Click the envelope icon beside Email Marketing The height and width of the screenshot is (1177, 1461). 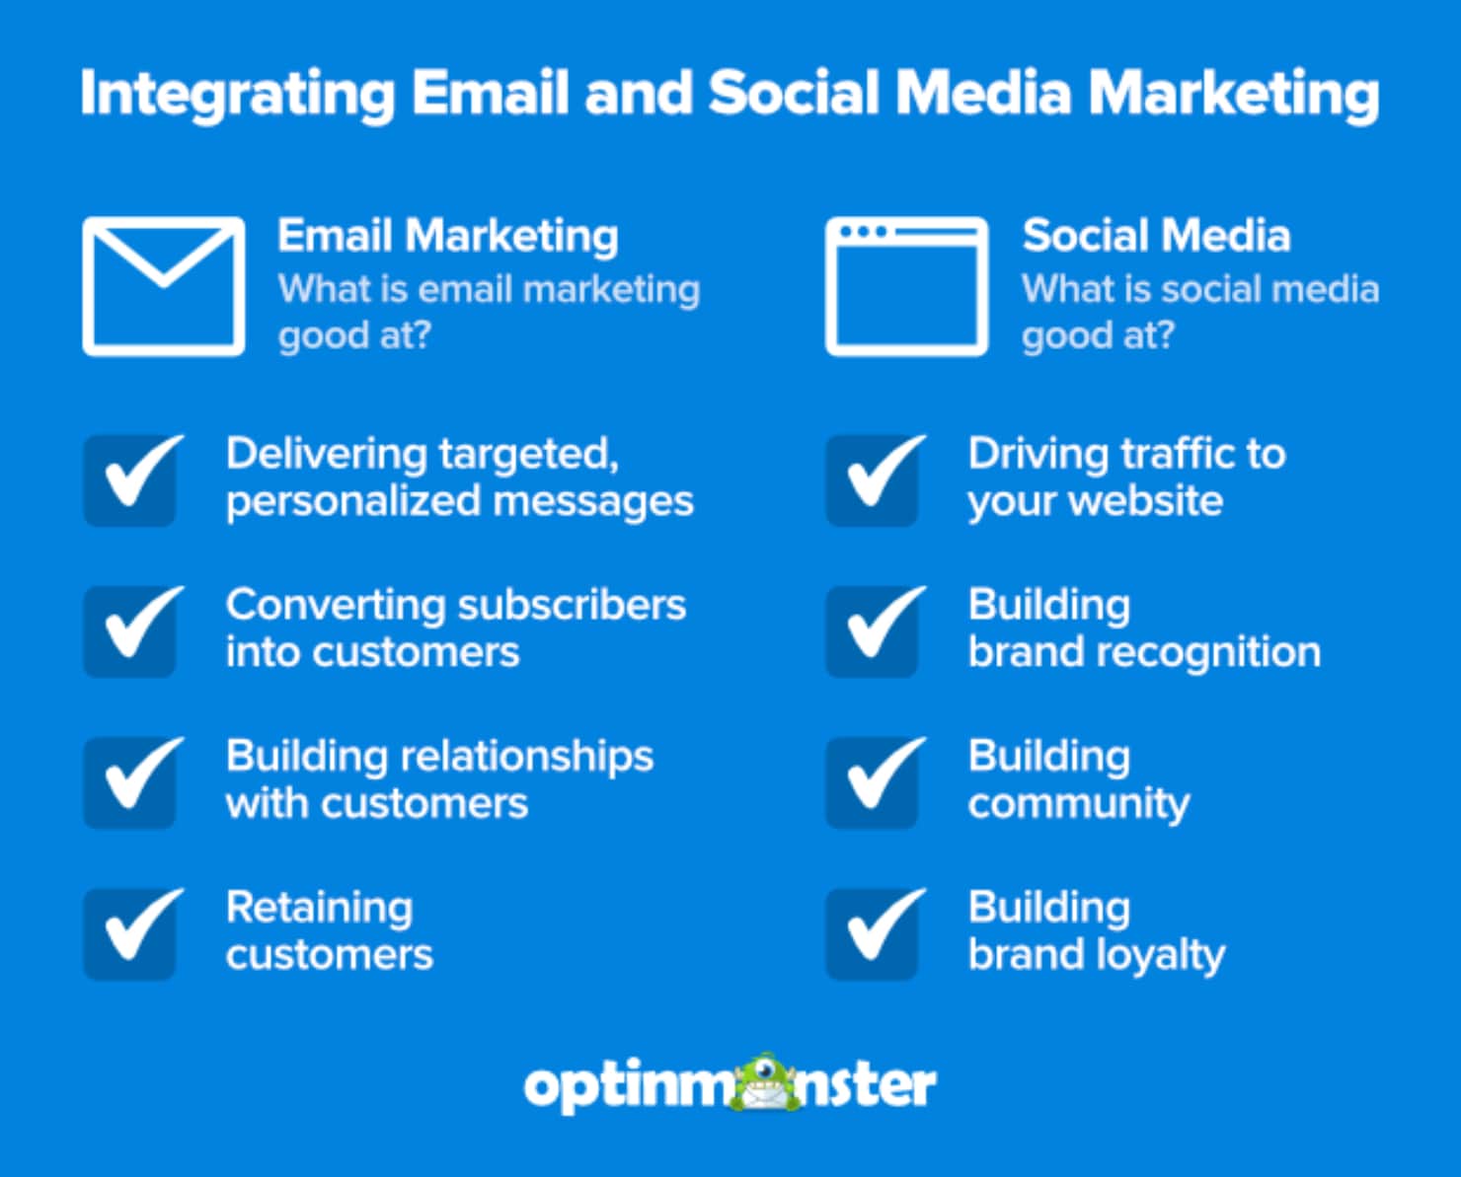pos(164,285)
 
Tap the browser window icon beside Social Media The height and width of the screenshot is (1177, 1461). pos(906,285)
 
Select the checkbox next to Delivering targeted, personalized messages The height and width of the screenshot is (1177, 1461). pos(131,480)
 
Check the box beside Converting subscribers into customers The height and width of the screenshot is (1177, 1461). pos(131,631)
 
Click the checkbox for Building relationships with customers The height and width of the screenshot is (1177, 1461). pos(131,782)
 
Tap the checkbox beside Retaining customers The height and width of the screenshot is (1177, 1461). pos(131,933)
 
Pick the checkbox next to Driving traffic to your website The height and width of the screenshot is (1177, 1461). pos(874,480)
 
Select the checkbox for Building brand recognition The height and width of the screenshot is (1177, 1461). pos(874,631)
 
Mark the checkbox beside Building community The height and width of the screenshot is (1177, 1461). pos(874,782)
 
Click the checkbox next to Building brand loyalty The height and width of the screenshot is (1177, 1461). pos(874,933)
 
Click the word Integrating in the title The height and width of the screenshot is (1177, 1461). pos(237,95)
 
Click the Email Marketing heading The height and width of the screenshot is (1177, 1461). pos(448,236)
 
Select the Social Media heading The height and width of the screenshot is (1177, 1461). pos(1156,236)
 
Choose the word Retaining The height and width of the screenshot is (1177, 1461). pos(319,909)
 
